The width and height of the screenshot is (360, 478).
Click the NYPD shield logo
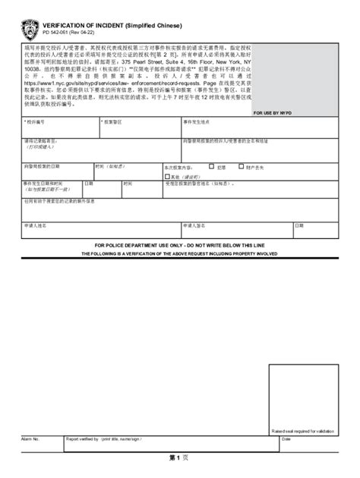tap(30, 30)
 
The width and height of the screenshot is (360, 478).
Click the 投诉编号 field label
tap(35, 121)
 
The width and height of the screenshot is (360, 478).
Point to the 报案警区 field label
tap(112, 121)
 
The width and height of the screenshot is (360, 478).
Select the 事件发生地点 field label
tap(195, 121)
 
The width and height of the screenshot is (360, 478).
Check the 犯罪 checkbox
tap(211, 167)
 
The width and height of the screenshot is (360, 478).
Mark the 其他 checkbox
tap(166, 176)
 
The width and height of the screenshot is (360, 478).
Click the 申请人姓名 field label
tap(35, 225)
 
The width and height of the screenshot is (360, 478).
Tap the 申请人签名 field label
tap(192, 225)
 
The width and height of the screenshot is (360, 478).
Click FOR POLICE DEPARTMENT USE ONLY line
tap(179, 246)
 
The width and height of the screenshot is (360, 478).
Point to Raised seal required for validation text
tap(303, 431)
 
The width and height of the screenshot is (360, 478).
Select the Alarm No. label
tap(31, 439)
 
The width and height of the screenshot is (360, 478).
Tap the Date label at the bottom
tap(286, 439)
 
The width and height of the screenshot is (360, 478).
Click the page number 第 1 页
tap(178, 458)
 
